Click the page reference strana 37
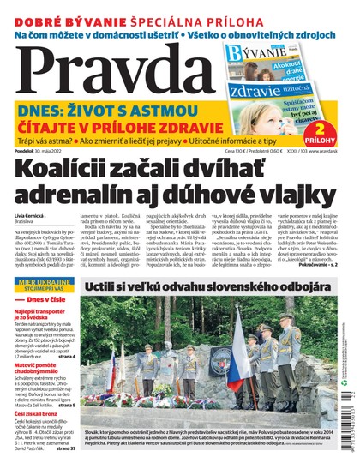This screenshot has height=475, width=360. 66,471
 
